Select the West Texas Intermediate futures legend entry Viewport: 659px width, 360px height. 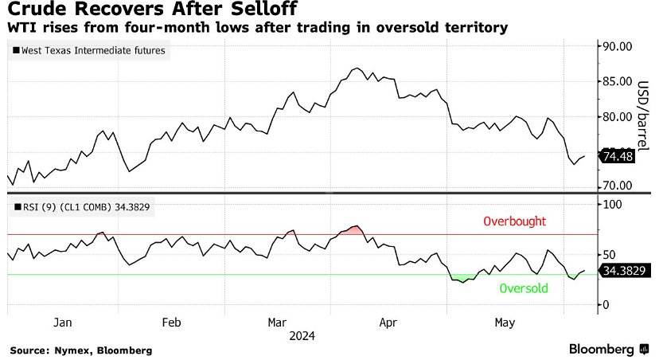point(90,51)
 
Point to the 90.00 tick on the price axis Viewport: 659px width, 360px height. point(618,46)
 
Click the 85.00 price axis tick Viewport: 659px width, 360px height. point(618,81)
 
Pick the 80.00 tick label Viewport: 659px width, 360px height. point(618,116)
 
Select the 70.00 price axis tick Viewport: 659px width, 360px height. point(618,186)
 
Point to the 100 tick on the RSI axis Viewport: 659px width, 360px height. point(613,205)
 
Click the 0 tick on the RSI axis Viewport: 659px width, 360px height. point(606,305)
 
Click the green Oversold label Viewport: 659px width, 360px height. point(523,288)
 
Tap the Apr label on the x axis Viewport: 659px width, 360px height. point(388,323)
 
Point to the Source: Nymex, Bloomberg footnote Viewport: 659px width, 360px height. point(80,350)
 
